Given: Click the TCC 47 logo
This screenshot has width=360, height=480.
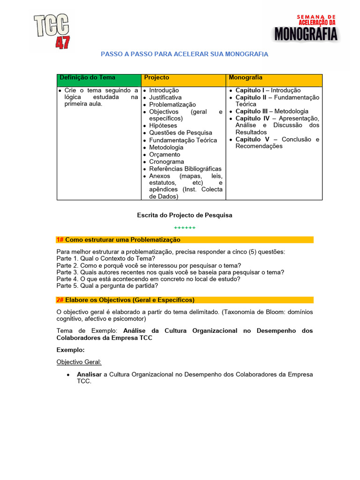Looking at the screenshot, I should pyautogui.click(x=52, y=31).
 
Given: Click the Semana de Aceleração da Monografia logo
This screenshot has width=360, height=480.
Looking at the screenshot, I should pyautogui.click(x=306, y=28).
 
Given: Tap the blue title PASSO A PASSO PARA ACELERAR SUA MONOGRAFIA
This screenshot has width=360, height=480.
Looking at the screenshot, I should pyautogui.click(x=185, y=54).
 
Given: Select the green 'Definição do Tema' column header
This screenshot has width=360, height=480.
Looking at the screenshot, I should pyautogui.click(x=87, y=78).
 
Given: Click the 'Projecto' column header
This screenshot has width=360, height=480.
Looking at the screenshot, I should pyautogui.click(x=157, y=78).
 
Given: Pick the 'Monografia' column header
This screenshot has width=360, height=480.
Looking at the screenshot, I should pyautogui.click(x=245, y=78).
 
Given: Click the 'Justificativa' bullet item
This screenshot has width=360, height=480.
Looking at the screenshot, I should pyautogui.click(x=165, y=97).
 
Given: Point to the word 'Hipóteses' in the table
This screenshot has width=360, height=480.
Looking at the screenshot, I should pyautogui.click(x=163, y=126).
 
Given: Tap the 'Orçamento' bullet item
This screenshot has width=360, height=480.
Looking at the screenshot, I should pyautogui.click(x=165, y=155).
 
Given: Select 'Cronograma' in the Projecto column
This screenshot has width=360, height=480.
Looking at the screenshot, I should pyautogui.click(x=166, y=162).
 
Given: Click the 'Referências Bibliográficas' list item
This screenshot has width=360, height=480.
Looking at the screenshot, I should pyautogui.click(x=185, y=169).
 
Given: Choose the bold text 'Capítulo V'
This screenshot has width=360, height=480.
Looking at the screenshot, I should pyautogui.click(x=252, y=140).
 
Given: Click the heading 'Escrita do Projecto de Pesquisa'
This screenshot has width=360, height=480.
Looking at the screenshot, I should pyautogui.click(x=185, y=215).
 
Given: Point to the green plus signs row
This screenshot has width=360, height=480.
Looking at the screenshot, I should pyautogui.click(x=185, y=228).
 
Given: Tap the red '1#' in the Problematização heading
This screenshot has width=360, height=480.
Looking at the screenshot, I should pyautogui.click(x=60, y=240).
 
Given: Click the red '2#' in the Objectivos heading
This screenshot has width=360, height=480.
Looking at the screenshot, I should pyautogui.click(x=60, y=300).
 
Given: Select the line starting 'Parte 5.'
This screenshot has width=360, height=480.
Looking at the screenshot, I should pyautogui.click(x=107, y=285).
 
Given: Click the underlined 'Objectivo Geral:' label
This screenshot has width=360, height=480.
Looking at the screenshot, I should pyautogui.click(x=79, y=362).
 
